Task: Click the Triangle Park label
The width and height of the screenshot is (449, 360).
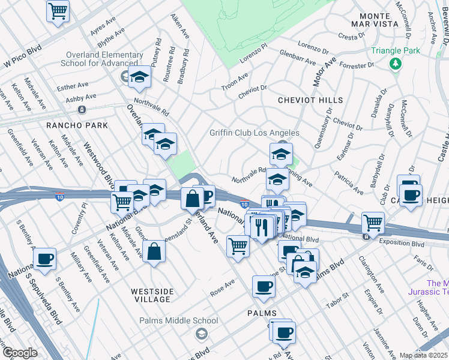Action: pos(395,51)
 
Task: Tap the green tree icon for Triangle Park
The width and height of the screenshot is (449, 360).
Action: pos(395,63)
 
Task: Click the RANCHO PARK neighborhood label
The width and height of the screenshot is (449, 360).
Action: pos(76,125)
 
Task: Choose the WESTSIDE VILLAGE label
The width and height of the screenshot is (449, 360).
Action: pos(152,292)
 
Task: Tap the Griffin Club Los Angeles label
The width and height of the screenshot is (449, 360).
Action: pos(254,133)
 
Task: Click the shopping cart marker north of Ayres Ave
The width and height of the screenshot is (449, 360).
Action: pos(58,10)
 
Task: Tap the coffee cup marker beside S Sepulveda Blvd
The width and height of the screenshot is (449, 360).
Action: pos(45,259)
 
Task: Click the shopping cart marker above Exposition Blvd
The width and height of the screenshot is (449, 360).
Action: pos(373,223)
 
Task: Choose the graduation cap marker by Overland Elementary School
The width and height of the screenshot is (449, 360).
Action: pos(139,77)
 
